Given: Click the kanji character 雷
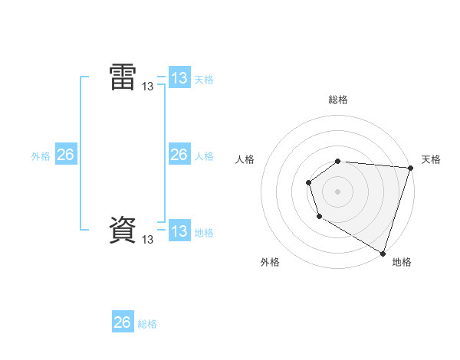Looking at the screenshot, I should [123, 77].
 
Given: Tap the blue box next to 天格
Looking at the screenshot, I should [179, 78].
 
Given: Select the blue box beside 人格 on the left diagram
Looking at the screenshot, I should [179, 155].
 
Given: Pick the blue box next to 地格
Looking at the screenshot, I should [179, 231].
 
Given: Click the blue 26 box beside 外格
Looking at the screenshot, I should [65, 155].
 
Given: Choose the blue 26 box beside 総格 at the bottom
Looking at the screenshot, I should [122, 322].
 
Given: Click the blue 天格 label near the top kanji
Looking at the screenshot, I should [204, 79].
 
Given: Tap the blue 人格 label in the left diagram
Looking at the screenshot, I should [204, 155].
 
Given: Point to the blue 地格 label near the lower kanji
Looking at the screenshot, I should [204, 232].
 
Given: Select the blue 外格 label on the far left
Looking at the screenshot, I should [41, 155].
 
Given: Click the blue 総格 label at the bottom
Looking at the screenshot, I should [147, 323].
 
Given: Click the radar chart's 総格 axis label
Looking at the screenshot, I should [338, 100].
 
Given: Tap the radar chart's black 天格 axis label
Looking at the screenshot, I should [431, 159].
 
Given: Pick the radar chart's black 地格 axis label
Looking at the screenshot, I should [402, 262].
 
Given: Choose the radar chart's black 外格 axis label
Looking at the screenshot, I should [269, 262].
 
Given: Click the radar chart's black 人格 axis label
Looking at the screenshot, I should [245, 159].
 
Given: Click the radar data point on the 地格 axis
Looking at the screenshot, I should [383, 252].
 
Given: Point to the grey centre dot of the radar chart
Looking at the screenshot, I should [338, 191].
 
